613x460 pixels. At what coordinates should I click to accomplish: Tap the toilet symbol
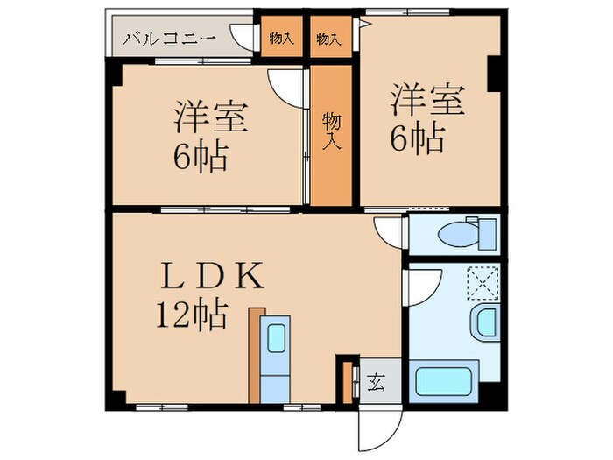455,234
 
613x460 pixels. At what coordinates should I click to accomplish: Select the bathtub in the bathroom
446,383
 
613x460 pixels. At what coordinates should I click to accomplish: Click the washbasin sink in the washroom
483,322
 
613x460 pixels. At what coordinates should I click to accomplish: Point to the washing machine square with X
483,280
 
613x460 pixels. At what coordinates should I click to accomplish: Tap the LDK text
208,278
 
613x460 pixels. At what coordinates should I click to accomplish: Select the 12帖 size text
193,313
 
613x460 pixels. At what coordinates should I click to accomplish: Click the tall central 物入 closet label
331,131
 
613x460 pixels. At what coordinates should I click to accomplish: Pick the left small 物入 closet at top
281,39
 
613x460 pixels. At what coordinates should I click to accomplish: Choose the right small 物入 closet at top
328,39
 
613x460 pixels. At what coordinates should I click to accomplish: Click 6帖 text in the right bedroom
417,138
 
